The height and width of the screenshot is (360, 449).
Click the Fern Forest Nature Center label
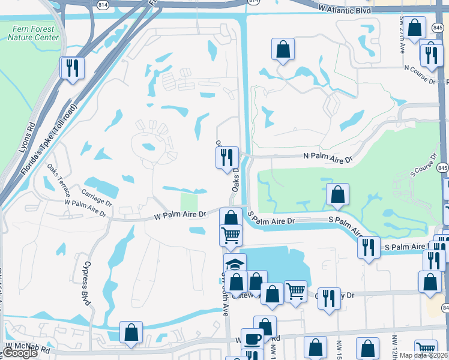(x=34, y=32)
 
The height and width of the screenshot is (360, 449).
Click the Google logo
(x=19, y=353)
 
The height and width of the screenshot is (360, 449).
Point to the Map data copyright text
(x=422, y=355)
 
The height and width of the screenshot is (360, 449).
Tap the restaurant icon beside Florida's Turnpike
(x=72, y=68)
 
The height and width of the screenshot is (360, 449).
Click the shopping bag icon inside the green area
(x=337, y=194)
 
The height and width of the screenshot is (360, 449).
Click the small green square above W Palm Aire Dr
(x=189, y=201)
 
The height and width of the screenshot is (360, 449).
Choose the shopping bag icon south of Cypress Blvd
(x=131, y=332)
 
